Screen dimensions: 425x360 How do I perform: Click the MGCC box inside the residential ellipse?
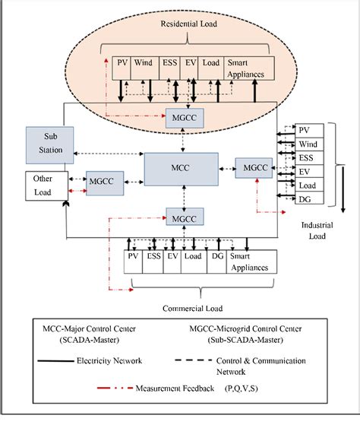point(182,118)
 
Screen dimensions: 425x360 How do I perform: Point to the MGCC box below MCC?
point(182,219)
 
